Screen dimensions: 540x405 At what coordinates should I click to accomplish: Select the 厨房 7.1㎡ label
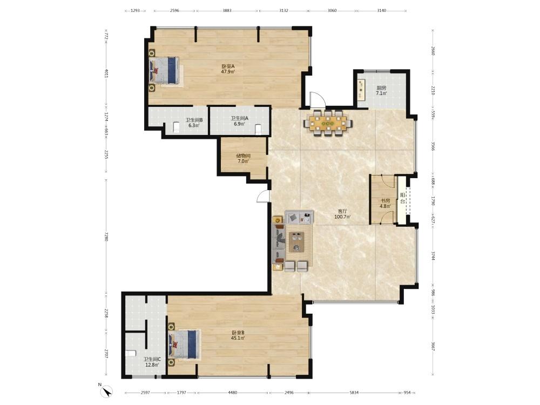pos(381,91)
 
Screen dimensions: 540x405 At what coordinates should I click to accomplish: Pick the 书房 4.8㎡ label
pos(386,204)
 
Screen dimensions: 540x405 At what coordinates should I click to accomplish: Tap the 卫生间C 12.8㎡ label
pos(152,362)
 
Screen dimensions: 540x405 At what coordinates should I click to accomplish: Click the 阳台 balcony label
pos(402,198)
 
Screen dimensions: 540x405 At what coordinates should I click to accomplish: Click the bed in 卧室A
pos(164,70)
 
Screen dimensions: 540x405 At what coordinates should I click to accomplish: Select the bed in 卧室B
pos(184,344)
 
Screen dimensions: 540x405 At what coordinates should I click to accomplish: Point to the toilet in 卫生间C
pos(131,353)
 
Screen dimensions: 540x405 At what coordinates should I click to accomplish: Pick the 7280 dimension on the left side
pos(106,237)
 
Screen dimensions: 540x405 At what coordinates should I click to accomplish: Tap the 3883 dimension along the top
pos(227,10)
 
